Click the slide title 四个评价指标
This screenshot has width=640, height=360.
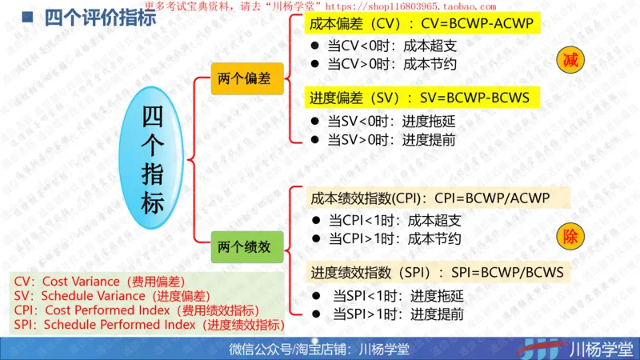tap(100, 17)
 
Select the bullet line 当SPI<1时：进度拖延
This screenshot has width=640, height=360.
tap(398, 295)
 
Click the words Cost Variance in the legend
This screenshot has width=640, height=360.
tap(78, 282)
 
